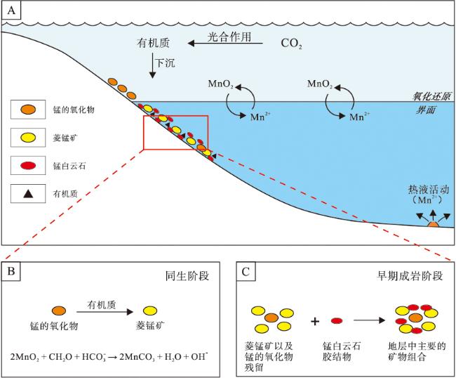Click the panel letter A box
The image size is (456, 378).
11,11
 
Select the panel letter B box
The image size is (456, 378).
11,271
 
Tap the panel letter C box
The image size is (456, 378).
246,271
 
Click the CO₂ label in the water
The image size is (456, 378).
291,44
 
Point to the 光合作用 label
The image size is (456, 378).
229,37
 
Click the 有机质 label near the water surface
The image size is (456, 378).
153,43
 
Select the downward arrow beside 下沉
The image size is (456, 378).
152,65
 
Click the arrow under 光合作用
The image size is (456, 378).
225,44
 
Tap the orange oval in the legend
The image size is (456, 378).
28,110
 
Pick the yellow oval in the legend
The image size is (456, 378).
28,138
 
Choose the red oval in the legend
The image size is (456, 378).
28,166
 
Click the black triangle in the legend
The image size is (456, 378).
28,194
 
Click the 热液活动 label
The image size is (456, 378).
429,190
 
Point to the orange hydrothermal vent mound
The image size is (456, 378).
433,225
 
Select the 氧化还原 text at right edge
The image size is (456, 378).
431,96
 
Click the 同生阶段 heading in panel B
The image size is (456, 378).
187,276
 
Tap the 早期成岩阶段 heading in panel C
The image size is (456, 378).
410,276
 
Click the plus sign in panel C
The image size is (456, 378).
315,322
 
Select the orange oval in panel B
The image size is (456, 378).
59,311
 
